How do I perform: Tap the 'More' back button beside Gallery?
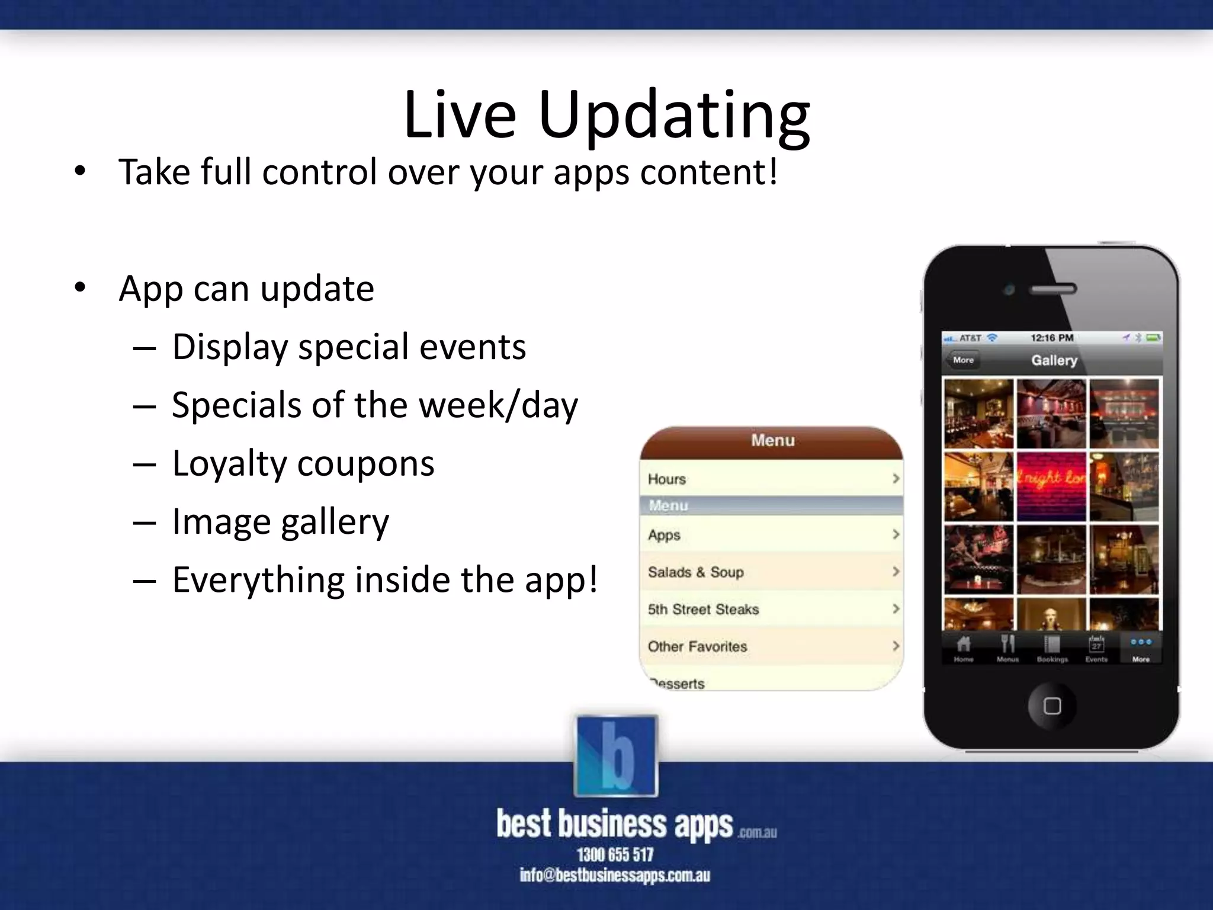click(x=962, y=360)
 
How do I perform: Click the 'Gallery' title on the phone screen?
click(x=1054, y=360)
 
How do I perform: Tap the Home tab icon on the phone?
click(x=964, y=648)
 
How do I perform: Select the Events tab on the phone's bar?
click(x=1096, y=648)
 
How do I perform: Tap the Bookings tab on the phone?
click(x=1052, y=648)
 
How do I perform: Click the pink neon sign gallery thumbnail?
click(x=1051, y=486)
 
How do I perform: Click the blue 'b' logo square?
click(x=616, y=756)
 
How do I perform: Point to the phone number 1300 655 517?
click(x=615, y=855)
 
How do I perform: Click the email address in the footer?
click(x=615, y=876)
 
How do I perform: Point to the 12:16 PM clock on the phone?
click(x=1052, y=338)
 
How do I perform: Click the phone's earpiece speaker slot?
click(x=1052, y=290)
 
